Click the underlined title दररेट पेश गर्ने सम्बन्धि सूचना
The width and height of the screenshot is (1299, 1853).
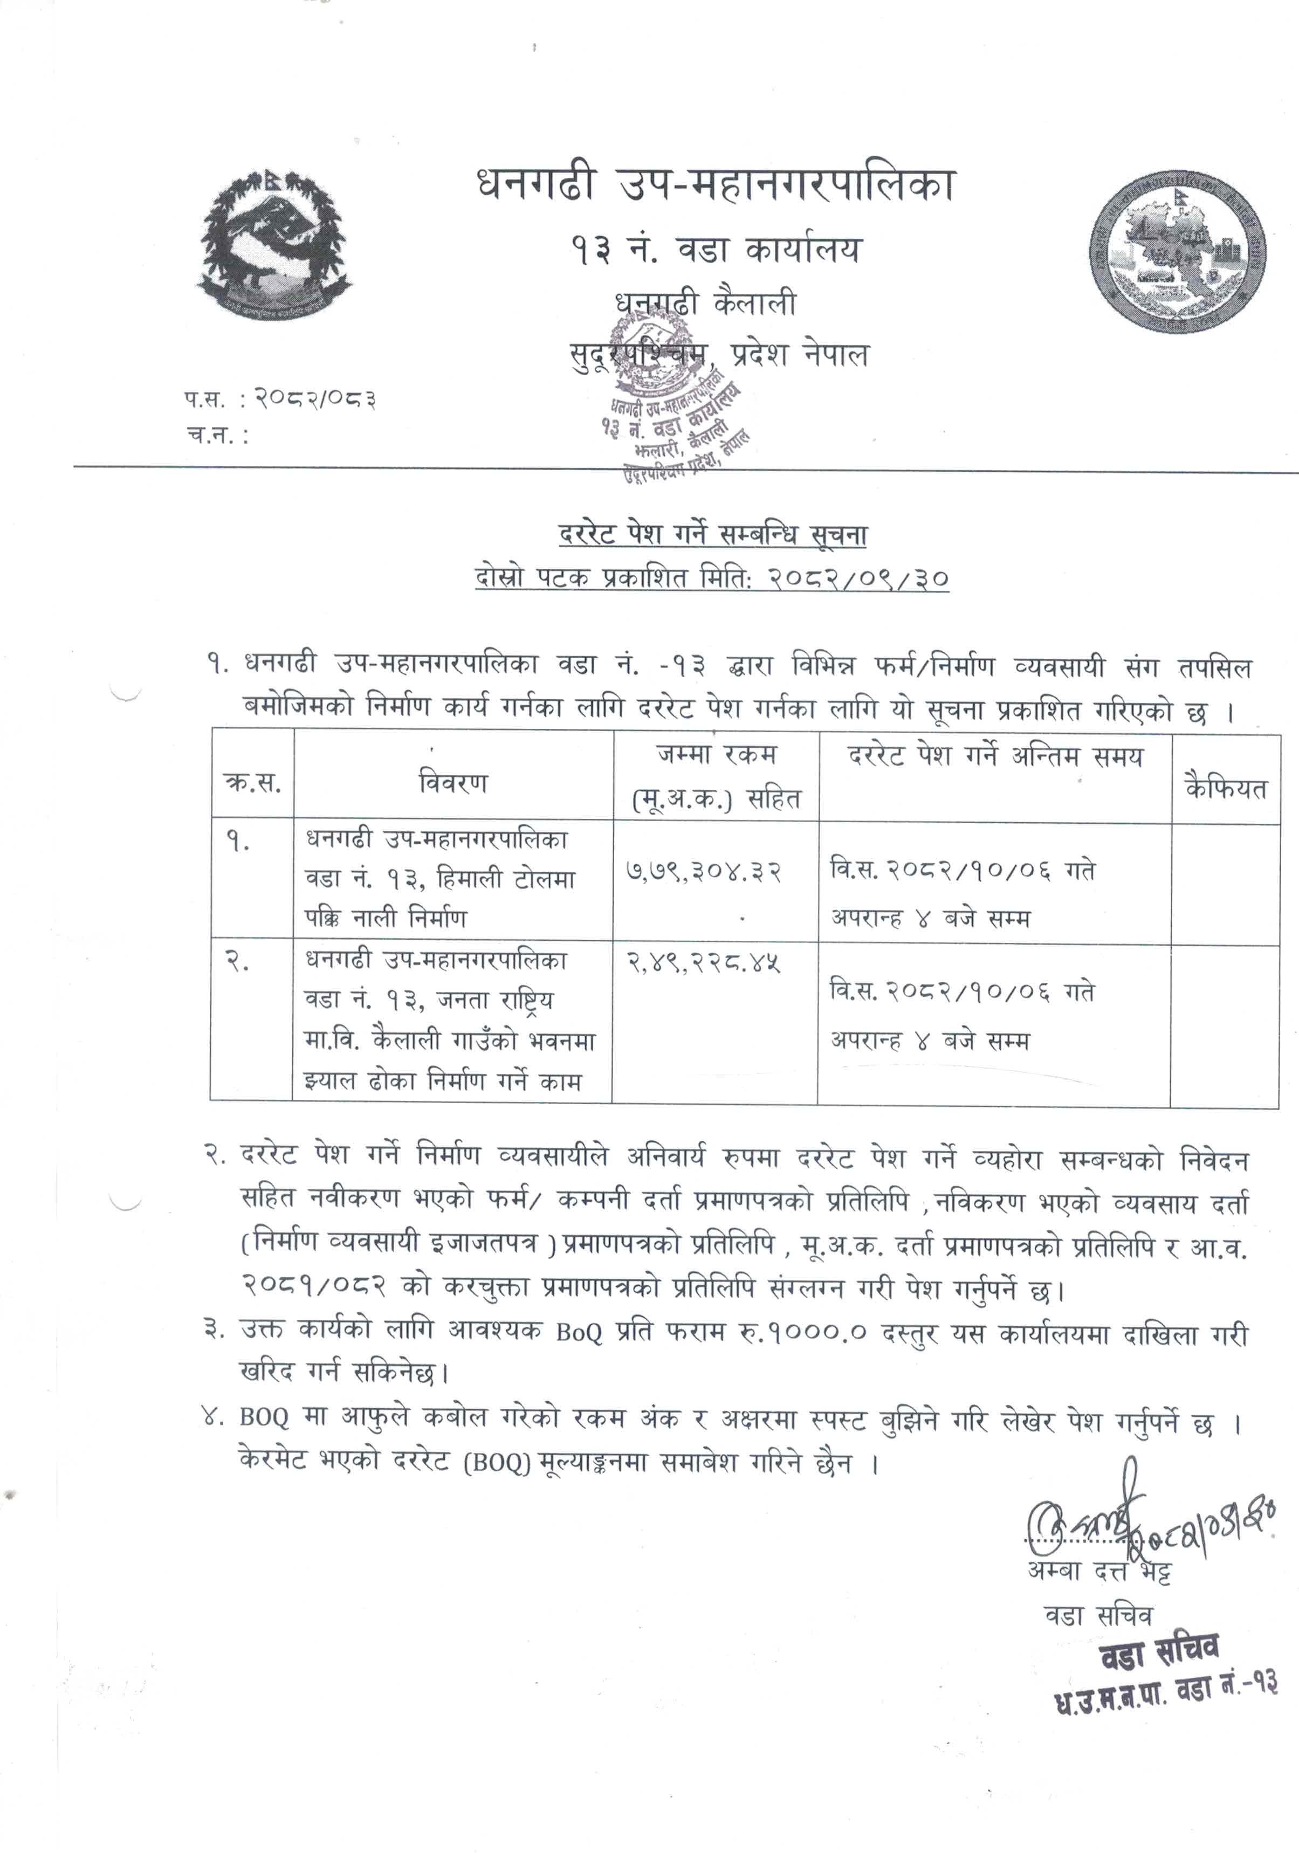point(713,534)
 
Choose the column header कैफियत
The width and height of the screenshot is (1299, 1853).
point(1226,787)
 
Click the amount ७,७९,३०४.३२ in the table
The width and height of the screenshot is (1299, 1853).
point(704,872)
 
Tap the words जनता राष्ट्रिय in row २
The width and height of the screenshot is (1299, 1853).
point(495,1000)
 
